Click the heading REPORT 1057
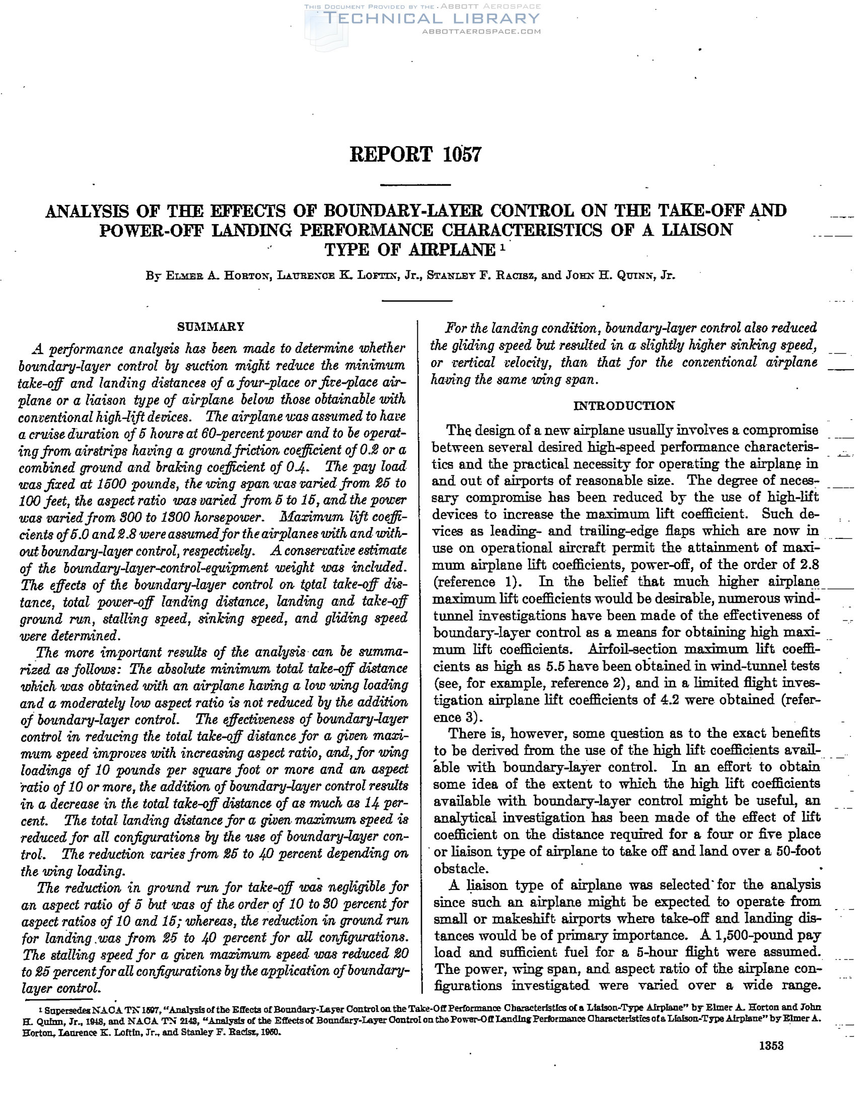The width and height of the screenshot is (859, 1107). point(415,155)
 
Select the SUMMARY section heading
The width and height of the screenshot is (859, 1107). point(211,327)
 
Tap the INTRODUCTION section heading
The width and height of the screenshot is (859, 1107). point(624,406)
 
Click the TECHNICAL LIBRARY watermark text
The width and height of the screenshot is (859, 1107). point(432,19)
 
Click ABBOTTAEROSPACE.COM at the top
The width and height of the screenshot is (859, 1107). point(481,31)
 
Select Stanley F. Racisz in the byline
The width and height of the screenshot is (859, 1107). point(481,276)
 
